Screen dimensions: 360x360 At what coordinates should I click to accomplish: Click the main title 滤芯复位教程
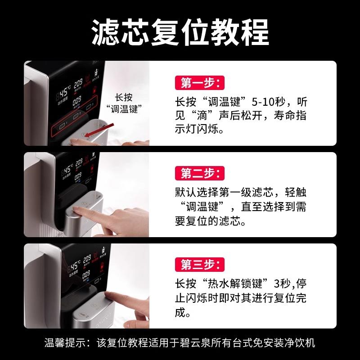(180, 30)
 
